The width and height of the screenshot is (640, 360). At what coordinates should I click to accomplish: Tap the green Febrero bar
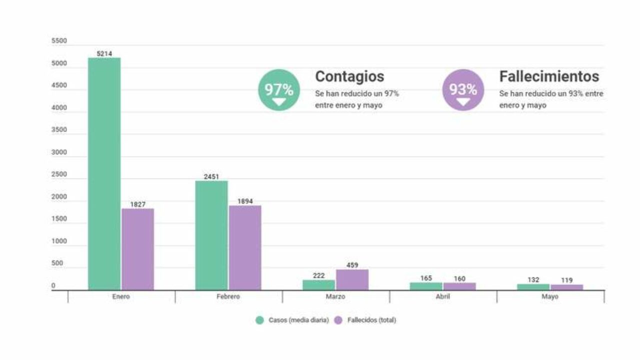211,235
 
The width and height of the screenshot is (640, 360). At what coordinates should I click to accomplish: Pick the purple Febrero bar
245,247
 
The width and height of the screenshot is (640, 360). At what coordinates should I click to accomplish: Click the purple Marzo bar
352,279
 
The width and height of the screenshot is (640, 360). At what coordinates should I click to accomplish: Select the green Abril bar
426,286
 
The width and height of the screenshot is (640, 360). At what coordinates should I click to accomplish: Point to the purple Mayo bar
566,287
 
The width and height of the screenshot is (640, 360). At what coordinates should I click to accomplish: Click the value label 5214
104,53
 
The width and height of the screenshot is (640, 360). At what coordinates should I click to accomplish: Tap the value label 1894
245,201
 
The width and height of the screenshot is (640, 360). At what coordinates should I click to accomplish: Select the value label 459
352,265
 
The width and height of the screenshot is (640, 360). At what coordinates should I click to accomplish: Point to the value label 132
533,279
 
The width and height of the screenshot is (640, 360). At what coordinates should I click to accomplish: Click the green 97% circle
279,90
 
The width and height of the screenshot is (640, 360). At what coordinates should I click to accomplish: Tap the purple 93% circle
463,90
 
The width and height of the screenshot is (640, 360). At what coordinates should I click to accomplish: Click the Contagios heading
349,76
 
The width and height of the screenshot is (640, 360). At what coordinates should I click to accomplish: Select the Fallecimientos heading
549,76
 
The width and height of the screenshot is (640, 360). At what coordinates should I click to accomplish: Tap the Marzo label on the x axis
335,296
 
